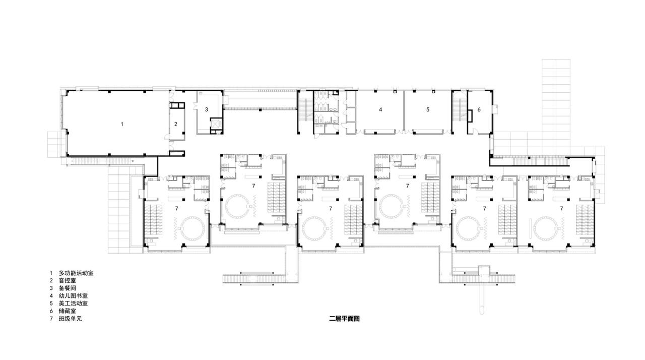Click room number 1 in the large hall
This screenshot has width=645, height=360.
(121, 123)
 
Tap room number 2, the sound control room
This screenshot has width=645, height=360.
(176, 124)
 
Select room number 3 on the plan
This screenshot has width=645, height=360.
(206, 109)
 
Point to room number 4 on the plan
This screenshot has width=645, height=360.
(381, 109)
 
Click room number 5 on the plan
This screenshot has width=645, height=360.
(427, 109)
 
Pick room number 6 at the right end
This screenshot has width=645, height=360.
(479, 109)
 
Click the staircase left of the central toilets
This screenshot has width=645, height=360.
(305, 111)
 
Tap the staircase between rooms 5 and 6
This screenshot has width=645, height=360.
(459, 111)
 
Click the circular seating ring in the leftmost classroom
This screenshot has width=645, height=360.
(190, 229)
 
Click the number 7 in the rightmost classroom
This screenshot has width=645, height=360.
(561, 208)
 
